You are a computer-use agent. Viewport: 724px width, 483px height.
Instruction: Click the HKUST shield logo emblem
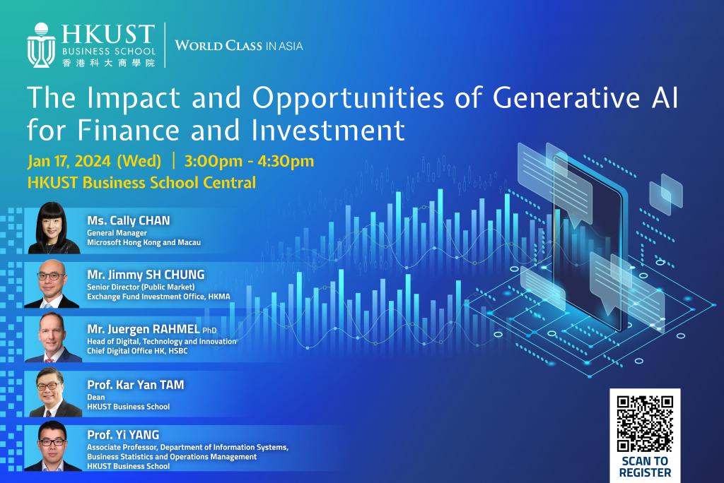pyautogui.click(x=41, y=44)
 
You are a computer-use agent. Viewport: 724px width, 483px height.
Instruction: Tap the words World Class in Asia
pyautogui.click(x=239, y=45)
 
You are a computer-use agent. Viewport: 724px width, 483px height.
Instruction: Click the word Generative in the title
pyautogui.click(x=566, y=97)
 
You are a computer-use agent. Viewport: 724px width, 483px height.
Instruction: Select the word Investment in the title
pyautogui.click(x=328, y=130)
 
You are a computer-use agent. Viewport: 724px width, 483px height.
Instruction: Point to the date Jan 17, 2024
pyautogui.click(x=69, y=161)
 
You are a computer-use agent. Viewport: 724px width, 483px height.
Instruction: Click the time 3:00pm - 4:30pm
pyautogui.click(x=249, y=161)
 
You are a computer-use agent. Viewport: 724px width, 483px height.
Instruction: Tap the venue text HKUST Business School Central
pyautogui.click(x=141, y=183)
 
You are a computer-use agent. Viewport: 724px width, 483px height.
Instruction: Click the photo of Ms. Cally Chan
pyautogui.click(x=54, y=228)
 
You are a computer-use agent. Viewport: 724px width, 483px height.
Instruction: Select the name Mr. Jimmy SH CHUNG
pyautogui.click(x=146, y=275)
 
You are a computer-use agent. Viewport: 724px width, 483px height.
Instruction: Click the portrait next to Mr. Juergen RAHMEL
pyautogui.click(x=52, y=338)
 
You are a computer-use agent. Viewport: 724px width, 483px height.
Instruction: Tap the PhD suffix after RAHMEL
pyautogui.click(x=209, y=330)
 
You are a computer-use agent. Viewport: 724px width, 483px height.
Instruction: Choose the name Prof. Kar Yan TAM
pyautogui.click(x=135, y=385)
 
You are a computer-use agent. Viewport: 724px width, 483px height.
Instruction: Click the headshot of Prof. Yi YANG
pyautogui.click(x=52, y=446)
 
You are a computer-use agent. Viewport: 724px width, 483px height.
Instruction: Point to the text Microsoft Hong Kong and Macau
pyautogui.click(x=144, y=243)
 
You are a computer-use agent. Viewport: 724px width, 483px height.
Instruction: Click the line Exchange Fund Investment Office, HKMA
pyautogui.click(x=158, y=297)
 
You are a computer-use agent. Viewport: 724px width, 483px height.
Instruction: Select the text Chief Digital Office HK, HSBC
pyautogui.click(x=137, y=351)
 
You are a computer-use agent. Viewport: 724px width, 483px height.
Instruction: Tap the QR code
pyautogui.click(x=645, y=424)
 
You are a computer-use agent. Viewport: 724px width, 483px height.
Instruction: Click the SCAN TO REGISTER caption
pyautogui.click(x=645, y=467)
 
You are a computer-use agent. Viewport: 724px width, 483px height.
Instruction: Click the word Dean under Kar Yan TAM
pyautogui.click(x=95, y=397)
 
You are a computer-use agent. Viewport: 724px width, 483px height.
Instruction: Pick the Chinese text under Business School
pyautogui.click(x=108, y=63)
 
